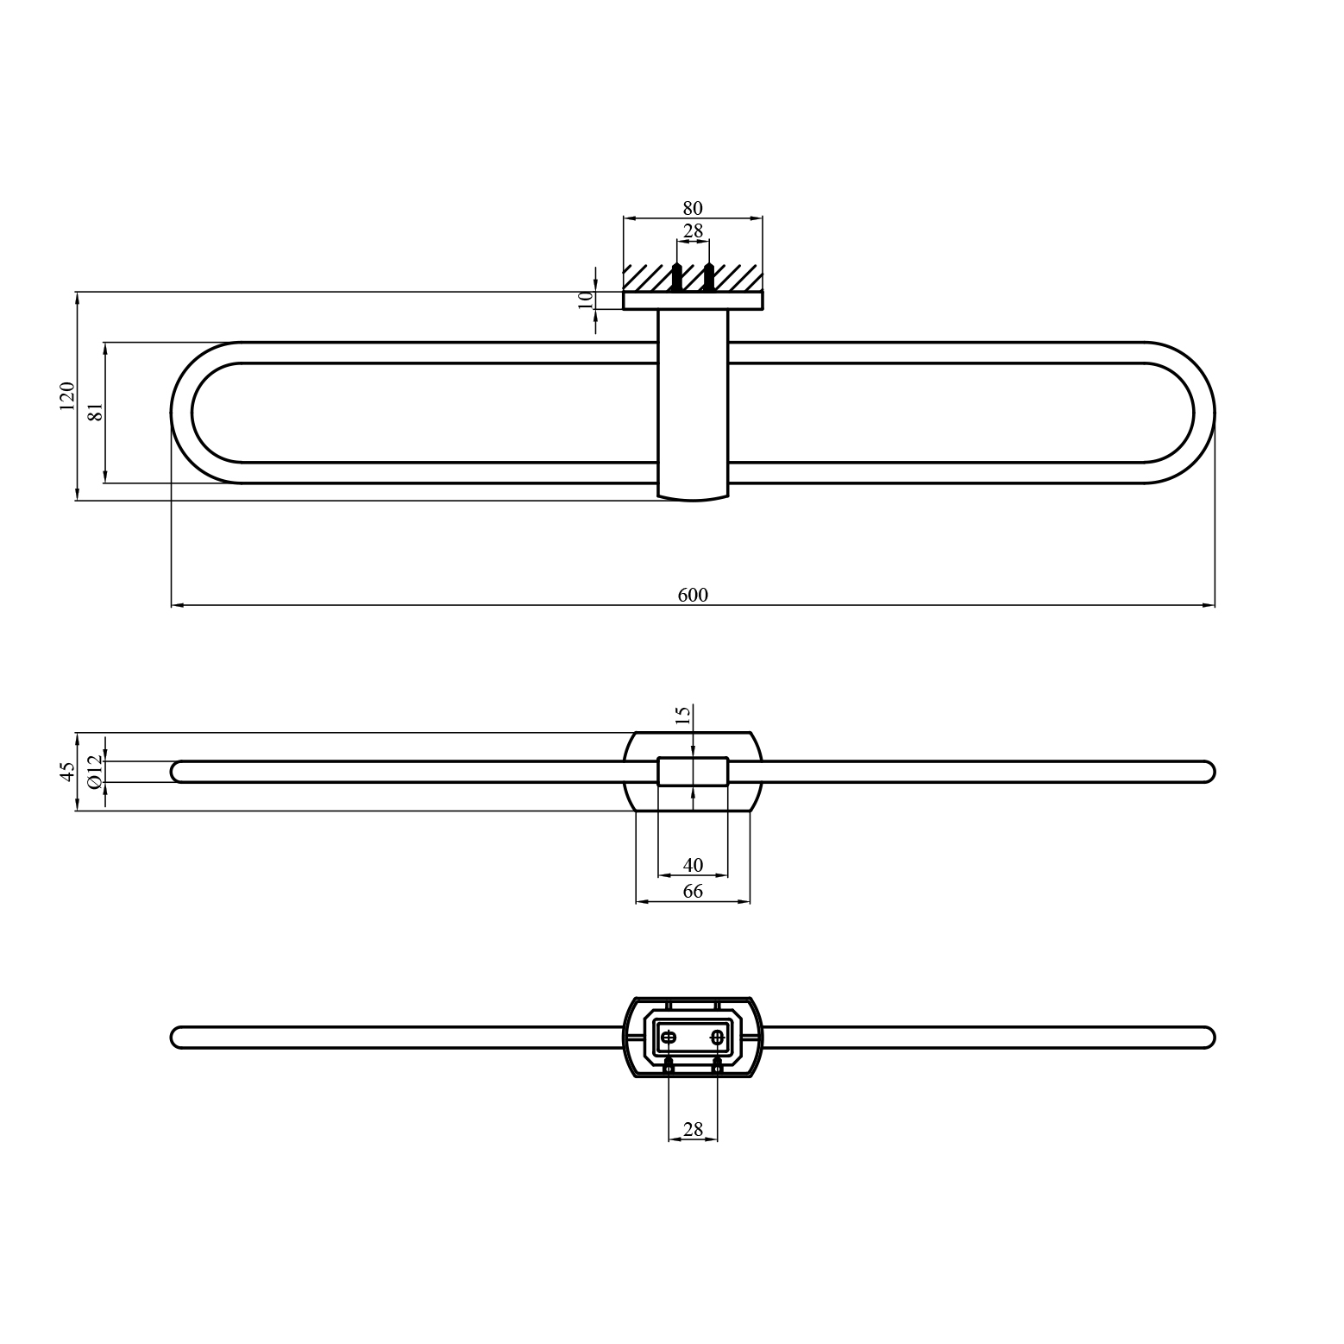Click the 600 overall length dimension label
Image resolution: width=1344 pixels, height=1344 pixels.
pyautogui.click(x=693, y=595)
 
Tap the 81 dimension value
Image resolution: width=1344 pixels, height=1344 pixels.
pyautogui.click(x=96, y=411)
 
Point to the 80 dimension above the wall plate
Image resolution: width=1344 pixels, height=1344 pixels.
pyautogui.click(x=693, y=208)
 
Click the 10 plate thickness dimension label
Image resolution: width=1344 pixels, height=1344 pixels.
pyautogui.click(x=586, y=299)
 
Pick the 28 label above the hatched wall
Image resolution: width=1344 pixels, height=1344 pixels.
pyautogui.click(x=693, y=231)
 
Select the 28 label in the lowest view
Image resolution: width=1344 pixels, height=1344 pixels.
pyautogui.click(x=693, y=1129)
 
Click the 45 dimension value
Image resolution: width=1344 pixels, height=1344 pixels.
pyautogui.click(x=66, y=772)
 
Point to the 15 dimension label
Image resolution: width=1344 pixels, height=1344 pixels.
pyautogui.click(x=682, y=715)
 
